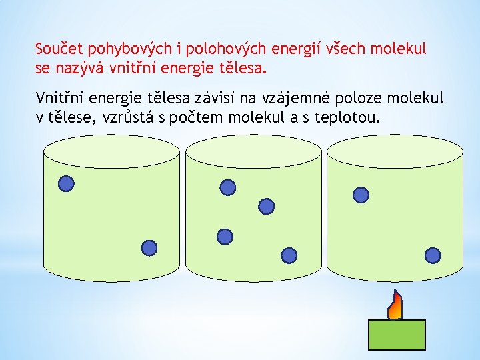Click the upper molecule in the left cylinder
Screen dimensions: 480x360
tap(66, 183)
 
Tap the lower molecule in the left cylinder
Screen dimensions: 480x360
tap(150, 248)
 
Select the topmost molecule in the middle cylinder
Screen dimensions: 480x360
tap(228, 188)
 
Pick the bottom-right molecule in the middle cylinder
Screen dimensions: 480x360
tap(289, 255)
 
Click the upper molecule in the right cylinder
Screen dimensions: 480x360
tap(361, 194)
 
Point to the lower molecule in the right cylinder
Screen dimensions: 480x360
tap(433, 255)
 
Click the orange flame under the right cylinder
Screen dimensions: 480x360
tap(395, 307)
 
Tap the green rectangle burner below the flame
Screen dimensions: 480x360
tap(397, 335)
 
